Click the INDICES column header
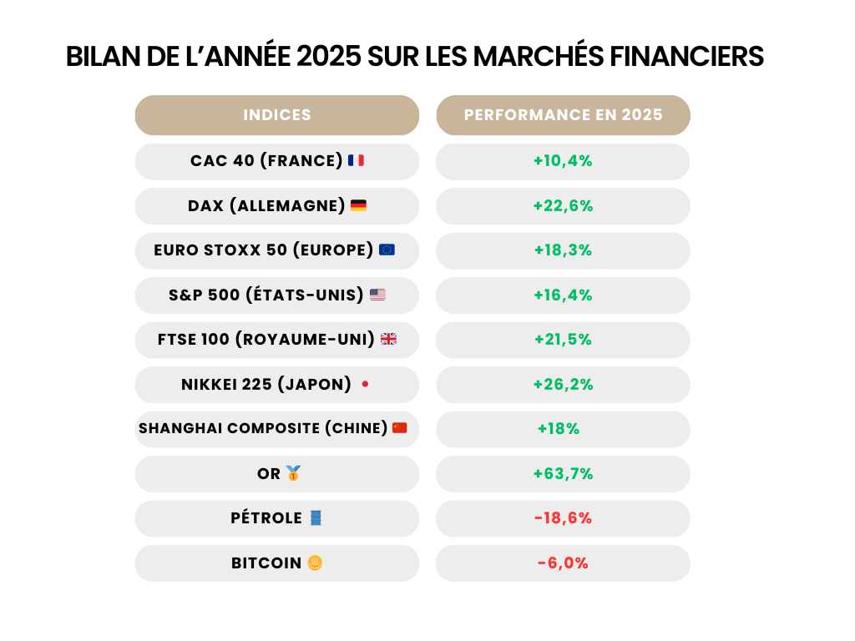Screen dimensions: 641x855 277,115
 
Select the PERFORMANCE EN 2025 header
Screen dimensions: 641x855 563,115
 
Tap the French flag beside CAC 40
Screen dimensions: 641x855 356,160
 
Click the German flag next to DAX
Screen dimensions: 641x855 358,205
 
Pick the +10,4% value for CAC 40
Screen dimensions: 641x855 563,161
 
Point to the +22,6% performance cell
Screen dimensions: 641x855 563,205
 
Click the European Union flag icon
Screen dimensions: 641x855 387,250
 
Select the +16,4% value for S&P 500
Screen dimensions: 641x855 563,295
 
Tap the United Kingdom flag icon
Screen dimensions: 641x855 388,339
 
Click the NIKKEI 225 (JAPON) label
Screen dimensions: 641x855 266,384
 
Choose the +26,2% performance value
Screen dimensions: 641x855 563,384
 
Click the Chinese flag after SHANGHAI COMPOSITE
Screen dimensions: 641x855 400,428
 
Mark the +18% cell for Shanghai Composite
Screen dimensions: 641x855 559,429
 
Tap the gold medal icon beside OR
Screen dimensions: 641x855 293,473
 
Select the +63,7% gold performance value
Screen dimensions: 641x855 563,473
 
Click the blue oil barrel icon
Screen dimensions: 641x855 315,518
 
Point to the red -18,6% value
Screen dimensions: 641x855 563,518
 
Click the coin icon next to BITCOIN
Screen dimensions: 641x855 315,563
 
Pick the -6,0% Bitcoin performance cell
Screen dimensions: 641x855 563,563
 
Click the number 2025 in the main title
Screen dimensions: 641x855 328,57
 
